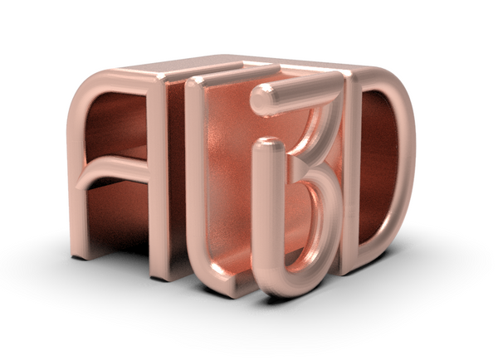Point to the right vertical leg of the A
tap(158, 182)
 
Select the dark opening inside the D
tap(378, 166)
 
